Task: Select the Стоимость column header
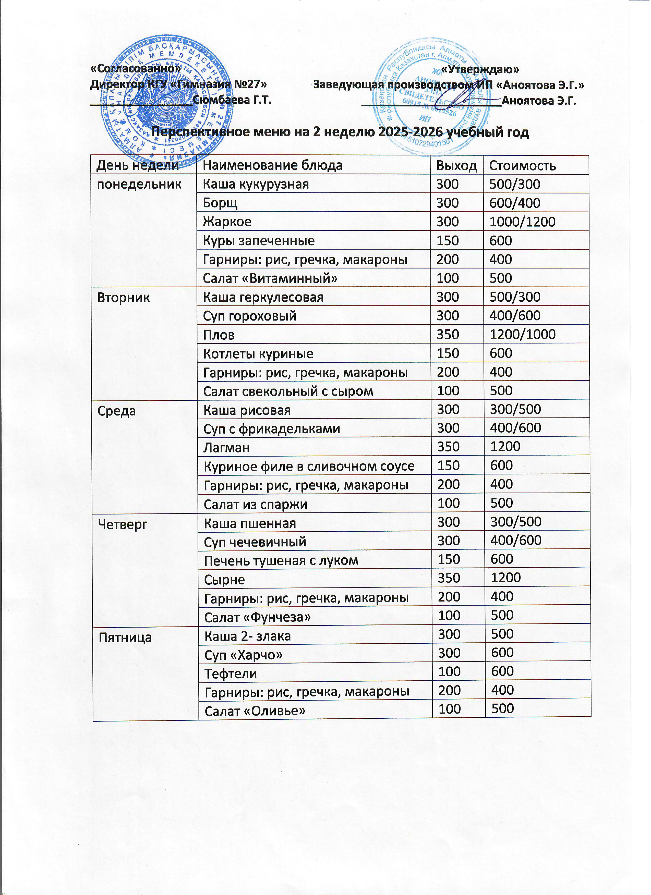click(522, 166)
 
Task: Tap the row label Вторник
click(124, 298)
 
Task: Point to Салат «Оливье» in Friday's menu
click(255, 711)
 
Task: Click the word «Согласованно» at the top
click(135, 69)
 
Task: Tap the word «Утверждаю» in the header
click(480, 69)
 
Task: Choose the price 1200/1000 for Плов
click(522, 335)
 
